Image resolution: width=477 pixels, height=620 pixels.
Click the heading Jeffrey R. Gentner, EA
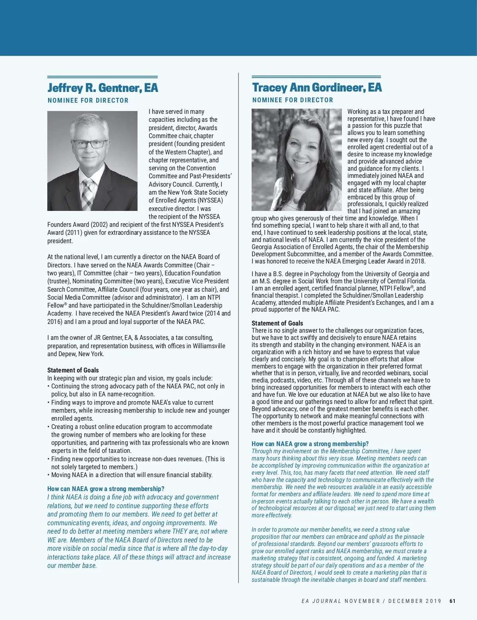[103, 88]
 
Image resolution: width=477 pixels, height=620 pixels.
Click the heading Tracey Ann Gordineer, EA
[317, 87]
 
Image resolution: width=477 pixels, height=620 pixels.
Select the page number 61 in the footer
[452, 601]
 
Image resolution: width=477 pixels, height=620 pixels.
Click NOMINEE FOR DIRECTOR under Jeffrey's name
[88, 100]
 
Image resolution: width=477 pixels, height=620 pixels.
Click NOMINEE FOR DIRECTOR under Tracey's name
[293, 100]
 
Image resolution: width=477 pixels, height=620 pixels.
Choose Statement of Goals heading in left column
[73, 370]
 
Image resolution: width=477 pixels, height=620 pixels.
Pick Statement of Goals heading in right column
[277, 323]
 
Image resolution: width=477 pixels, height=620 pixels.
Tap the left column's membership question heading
[106, 489]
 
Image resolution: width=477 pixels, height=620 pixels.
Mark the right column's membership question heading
[310, 444]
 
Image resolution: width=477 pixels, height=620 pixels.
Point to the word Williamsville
[209, 346]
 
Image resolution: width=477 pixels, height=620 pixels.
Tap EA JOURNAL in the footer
[321, 601]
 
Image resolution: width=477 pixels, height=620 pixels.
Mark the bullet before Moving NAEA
[48, 475]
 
